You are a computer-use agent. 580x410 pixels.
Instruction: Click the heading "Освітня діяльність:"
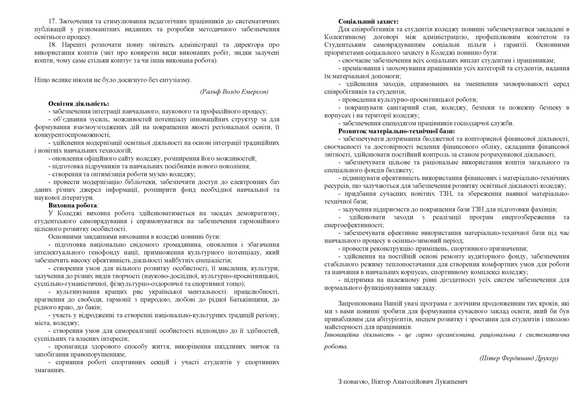(x=79, y=104)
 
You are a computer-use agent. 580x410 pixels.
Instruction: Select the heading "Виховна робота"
(x=72, y=205)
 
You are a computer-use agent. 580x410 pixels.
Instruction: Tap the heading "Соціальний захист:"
(x=368, y=22)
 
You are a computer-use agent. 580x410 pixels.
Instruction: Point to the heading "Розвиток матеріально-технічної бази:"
(x=396, y=131)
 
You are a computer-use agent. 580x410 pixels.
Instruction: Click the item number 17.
(x=52, y=21)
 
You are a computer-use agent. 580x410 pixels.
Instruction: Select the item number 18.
(x=52, y=45)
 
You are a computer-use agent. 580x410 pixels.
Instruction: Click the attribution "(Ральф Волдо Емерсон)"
(x=234, y=92)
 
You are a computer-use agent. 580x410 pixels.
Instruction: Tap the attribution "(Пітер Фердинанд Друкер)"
(x=519, y=358)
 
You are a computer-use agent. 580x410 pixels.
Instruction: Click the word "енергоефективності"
(x=354, y=225)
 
